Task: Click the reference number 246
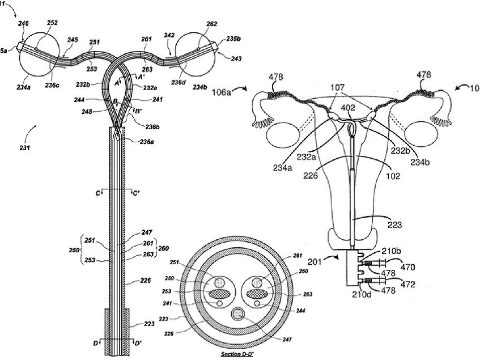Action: point(23,23)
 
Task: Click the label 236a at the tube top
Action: point(146,142)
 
